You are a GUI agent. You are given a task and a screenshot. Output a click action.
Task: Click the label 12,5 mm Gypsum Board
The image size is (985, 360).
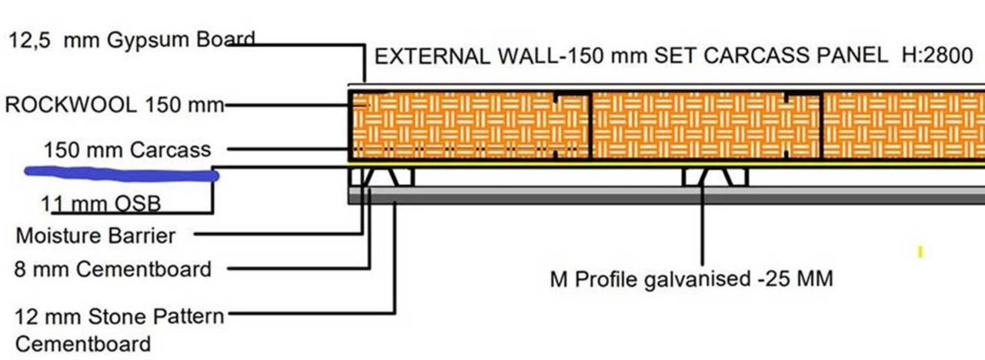[x=132, y=41]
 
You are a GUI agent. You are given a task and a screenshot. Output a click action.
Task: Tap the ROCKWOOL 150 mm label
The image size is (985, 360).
[x=115, y=105]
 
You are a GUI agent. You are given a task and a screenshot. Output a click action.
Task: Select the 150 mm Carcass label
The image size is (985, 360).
[x=128, y=150]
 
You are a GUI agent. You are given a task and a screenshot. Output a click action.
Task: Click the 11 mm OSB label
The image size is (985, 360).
[x=101, y=204]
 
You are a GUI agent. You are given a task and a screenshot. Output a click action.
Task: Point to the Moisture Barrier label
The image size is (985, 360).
[x=95, y=235]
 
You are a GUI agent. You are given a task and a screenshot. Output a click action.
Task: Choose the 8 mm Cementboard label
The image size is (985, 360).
[x=113, y=269]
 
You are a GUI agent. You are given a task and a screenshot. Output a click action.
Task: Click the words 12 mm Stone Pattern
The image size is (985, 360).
[x=119, y=316]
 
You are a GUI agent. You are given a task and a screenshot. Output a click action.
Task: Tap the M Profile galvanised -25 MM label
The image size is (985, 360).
[x=691, y=279]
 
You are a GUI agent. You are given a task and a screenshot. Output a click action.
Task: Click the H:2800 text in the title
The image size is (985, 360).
[x=937, y=56]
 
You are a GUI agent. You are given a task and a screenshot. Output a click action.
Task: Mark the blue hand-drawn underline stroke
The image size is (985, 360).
[x=122, y=174]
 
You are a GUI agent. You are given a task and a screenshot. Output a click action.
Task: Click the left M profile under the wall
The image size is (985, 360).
[x=382, y=177]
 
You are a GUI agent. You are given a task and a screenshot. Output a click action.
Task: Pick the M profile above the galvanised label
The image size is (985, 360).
[x=715, y=177]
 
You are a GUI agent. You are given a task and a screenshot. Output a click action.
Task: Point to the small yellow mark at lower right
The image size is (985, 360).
[x=920, y=252]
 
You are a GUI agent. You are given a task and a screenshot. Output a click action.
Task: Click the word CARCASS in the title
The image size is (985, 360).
[x=753, y=56]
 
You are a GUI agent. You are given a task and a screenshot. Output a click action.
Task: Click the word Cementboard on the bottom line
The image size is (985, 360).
[x=83, y=344]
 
